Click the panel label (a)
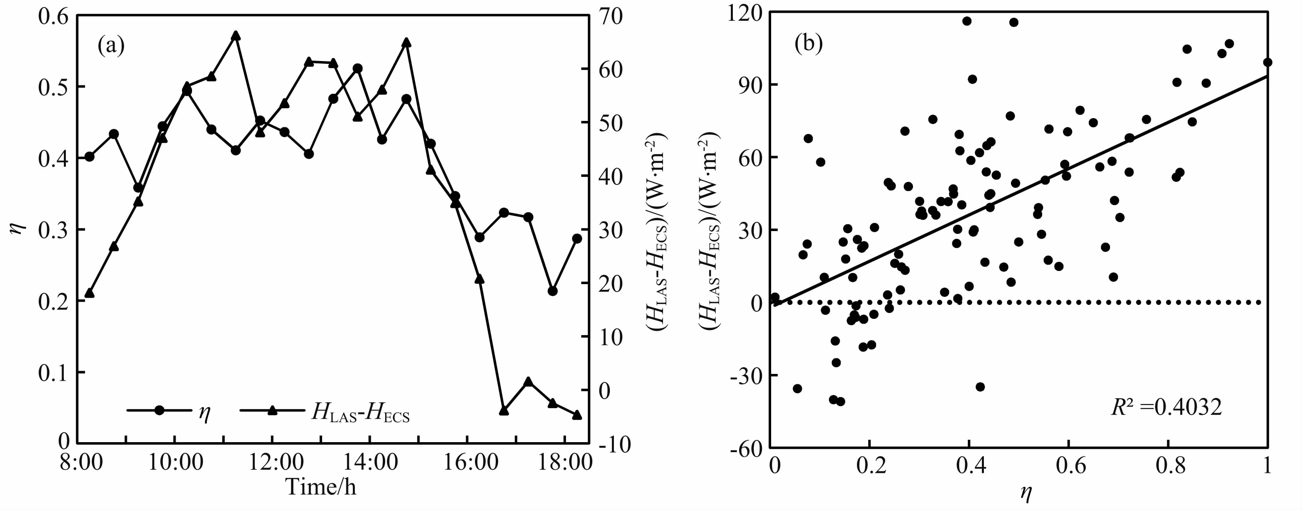tap(111, 45)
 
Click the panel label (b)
tap(808, 44)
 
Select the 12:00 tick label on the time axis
tap(273, 462)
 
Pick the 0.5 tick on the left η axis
tap(53, 87)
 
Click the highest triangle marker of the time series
tap(235, 35)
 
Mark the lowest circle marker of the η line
tap(552, 291)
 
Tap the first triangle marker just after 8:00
tap(89, 293)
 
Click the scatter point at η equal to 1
tap(1267, 63)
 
